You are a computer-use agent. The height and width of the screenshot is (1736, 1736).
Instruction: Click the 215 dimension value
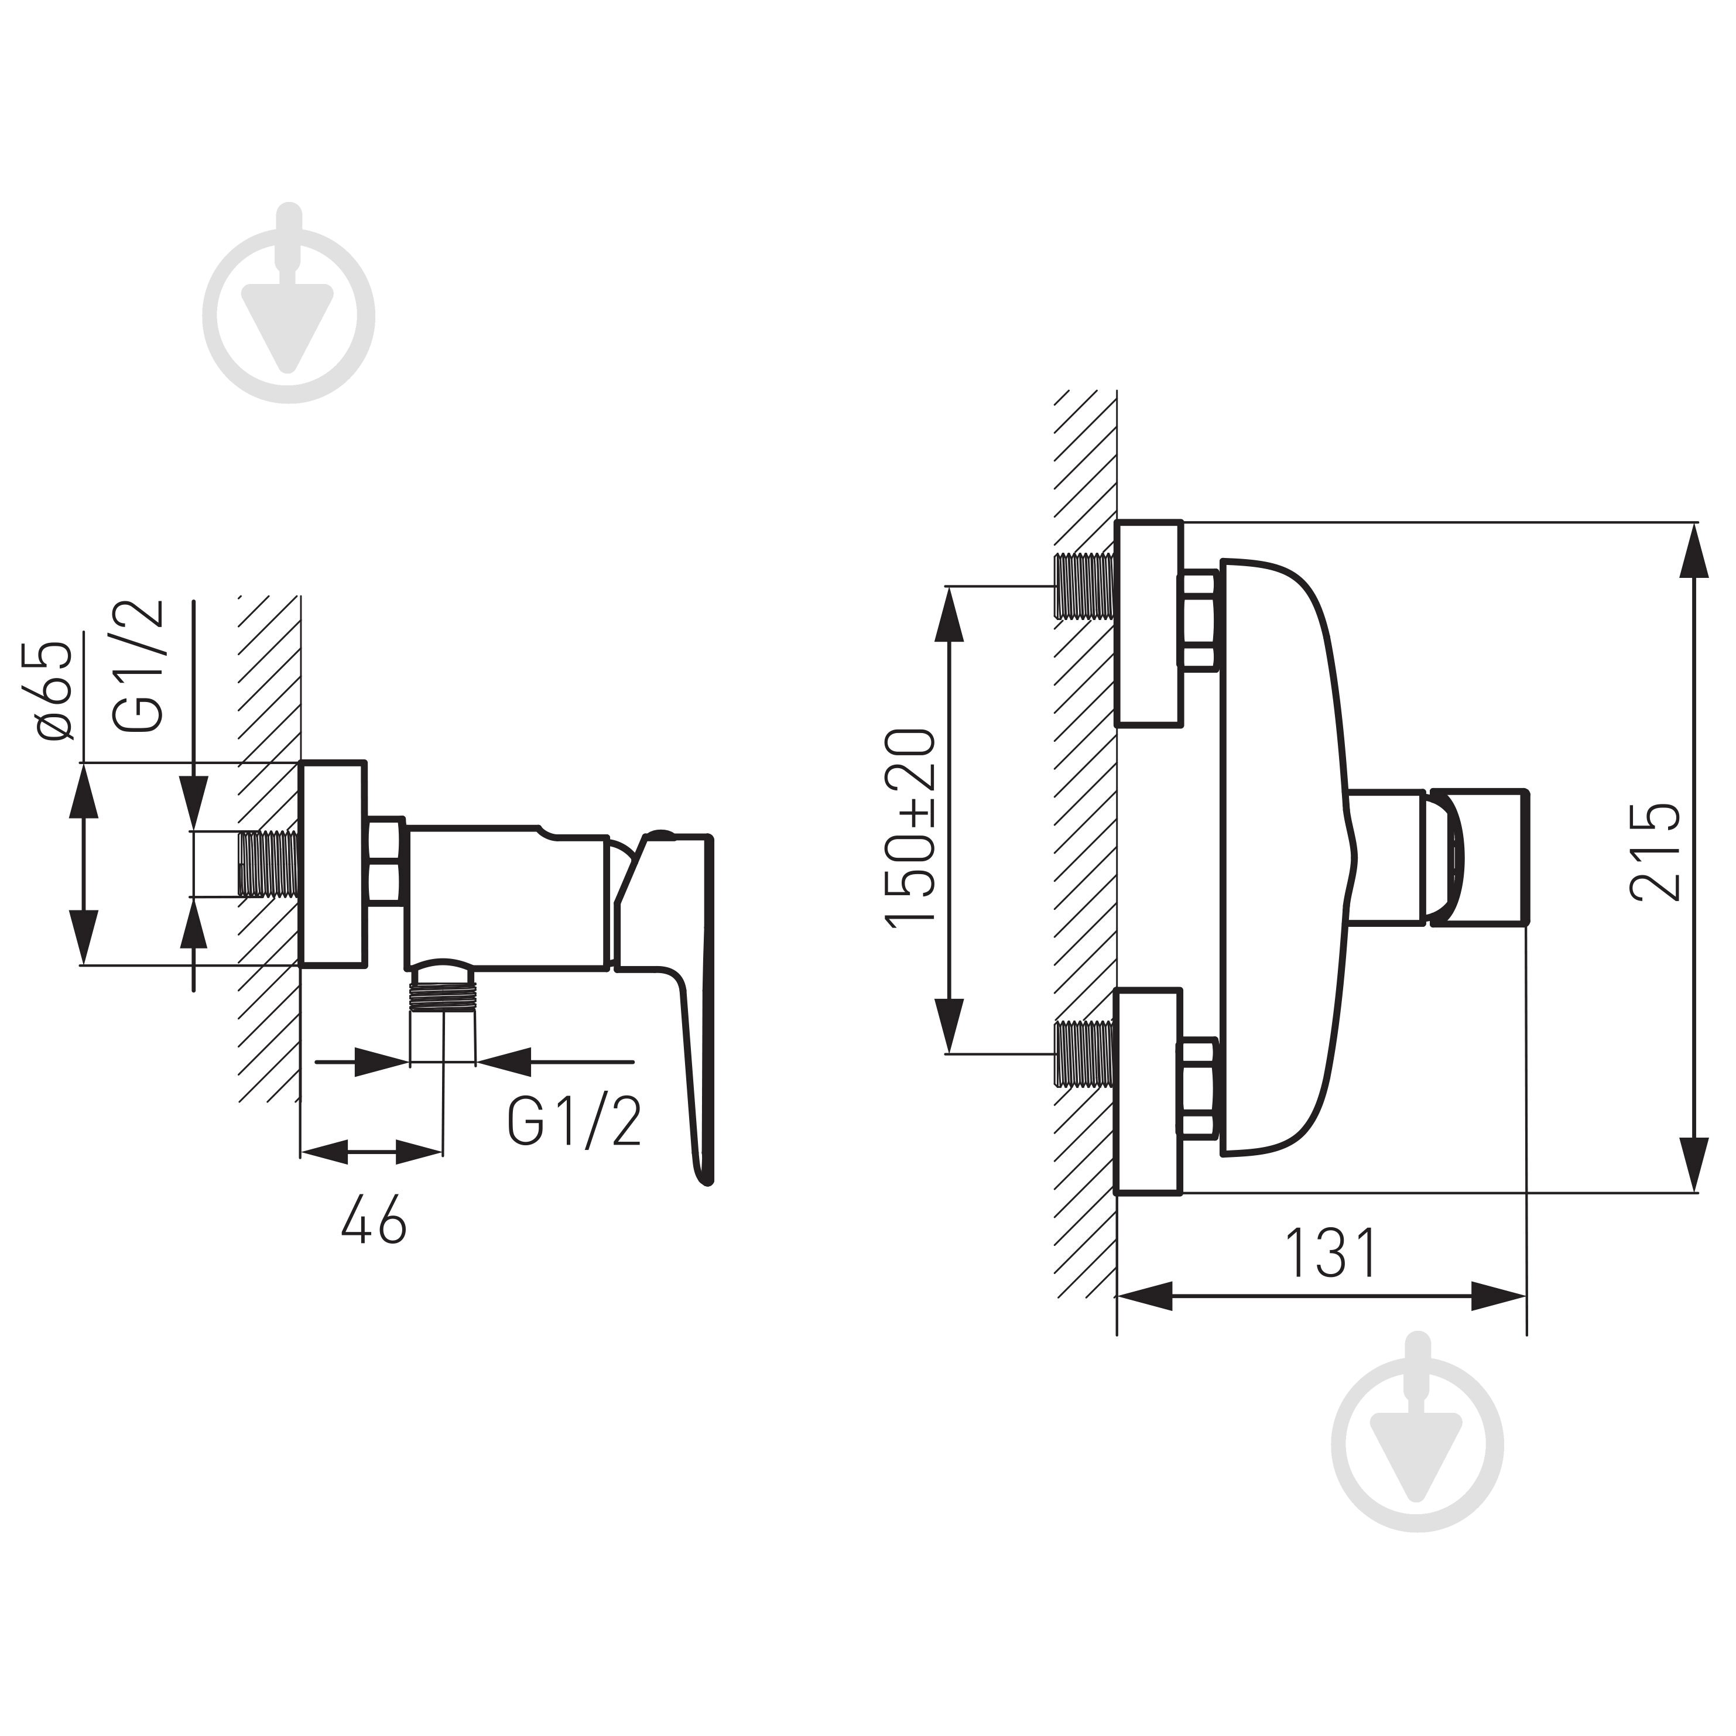[x=1654, y=852]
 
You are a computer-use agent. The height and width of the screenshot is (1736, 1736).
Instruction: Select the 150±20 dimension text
[x=911, y=827]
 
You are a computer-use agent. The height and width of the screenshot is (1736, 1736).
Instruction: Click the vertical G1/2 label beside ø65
[x=139, y=665]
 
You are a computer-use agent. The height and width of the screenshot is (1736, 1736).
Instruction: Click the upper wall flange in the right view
[x=1148, y=624]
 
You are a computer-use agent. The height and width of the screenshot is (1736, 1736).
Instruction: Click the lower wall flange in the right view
[x=1148, y=1092]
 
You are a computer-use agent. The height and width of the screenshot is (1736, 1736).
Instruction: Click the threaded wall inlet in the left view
[x=269, y=864]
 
